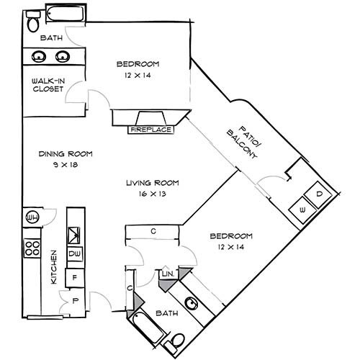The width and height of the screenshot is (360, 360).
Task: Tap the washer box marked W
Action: pos(302,209)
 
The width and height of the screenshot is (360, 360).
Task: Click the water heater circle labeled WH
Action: pos(32,217)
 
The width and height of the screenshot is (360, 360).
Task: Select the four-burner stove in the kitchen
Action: pos(32,248)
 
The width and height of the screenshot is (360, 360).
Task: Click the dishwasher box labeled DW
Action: pos(74,254)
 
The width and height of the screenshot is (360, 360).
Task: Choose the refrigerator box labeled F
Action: pos(74,276)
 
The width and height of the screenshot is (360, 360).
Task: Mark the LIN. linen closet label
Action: pos(167,274)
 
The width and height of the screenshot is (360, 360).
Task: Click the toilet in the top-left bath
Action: pos(32,23)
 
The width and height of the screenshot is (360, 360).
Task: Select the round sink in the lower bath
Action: pos(192,304)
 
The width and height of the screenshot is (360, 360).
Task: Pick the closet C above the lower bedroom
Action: pos(154,231)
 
